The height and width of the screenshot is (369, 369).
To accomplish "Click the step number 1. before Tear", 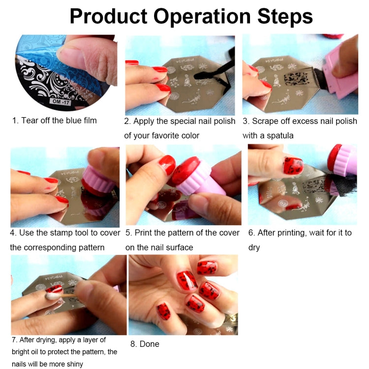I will coord(15,121).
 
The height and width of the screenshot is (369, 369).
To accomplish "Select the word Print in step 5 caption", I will coord(145,233).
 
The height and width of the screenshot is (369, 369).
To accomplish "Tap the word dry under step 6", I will coord(254,247).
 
